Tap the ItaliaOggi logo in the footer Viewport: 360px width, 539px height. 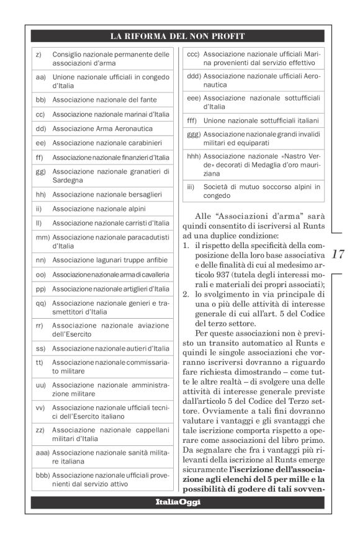tap(178, 501)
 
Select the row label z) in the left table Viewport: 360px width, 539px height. tap(38, 55)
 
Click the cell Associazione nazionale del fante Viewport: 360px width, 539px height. tap(104, 99)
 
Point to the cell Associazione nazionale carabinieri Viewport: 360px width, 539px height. tap(103, 143)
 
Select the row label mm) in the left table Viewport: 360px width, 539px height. tap(42, 238)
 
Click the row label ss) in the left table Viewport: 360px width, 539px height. tap(40, 349)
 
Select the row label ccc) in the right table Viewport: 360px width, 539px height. tap(193, 54)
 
